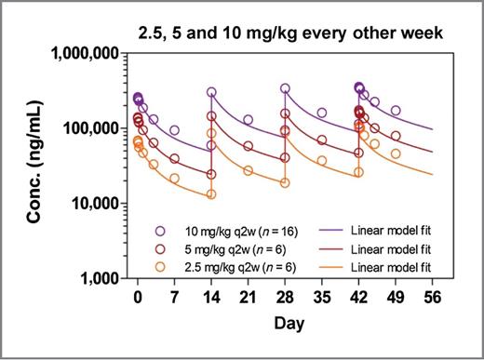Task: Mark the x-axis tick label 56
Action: (x=432, y=297)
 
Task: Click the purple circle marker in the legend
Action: (x=160, y=231)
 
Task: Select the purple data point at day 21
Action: (x=248, y=120)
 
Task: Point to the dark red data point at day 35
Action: (x=322, y=140)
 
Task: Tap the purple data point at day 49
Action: (x=396, y=111)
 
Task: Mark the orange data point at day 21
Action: (x=248, y=170)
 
